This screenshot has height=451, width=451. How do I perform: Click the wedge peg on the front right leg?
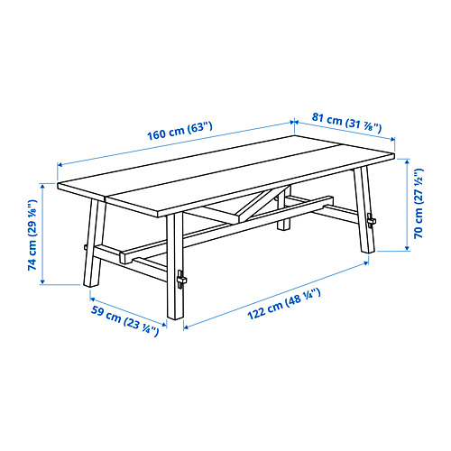click(x=184, y=281)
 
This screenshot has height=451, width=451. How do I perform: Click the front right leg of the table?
click(x=175, y=271)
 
